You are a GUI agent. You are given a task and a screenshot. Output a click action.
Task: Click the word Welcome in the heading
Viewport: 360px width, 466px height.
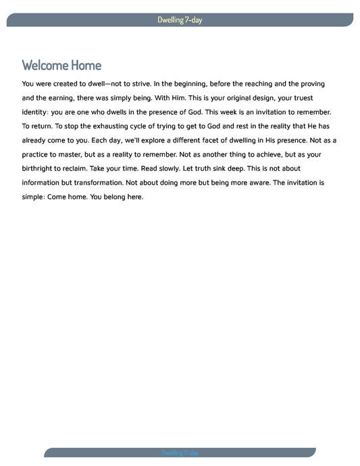coord(45,66)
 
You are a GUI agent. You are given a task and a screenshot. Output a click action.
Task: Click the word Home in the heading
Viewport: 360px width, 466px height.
coord(86,66)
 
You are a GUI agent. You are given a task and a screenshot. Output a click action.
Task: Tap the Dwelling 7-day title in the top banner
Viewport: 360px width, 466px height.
coord(180,20)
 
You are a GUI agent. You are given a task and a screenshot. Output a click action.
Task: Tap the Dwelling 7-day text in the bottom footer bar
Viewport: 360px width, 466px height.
coord(180,452)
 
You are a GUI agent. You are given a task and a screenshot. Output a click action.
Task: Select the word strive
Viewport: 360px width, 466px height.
coord(135,84)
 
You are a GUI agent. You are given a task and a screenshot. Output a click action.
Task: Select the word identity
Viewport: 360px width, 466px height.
coord(40,112)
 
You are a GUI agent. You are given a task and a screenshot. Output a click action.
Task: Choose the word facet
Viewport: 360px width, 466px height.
coord(217,140)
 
